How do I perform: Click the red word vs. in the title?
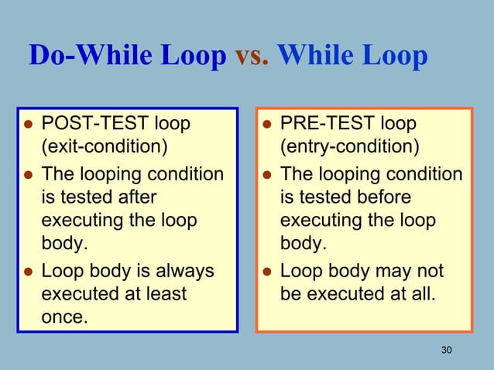point(251,56)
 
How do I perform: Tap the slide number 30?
point(445,351)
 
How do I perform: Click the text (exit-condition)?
point(104,147)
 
